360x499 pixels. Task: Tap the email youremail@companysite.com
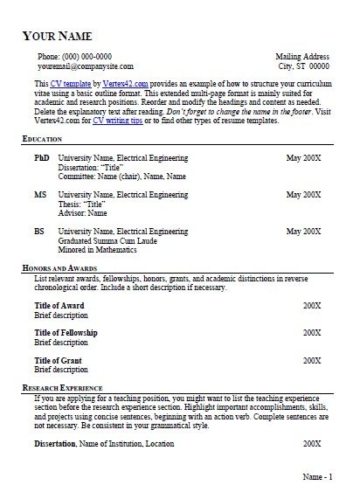coord(85,66)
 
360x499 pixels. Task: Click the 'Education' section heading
coord(44,140)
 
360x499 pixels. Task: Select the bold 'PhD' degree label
coord(41,159)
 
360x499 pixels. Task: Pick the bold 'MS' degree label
coord(40,195)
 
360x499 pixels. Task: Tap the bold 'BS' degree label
coord(39,232)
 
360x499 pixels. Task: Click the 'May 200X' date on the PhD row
coord(305,159)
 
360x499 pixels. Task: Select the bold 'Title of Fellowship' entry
coord(66,333)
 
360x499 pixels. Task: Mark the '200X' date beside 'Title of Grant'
coord(312,360)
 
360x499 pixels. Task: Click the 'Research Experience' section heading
coord(62,386)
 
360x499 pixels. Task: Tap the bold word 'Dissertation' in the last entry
coord(55,444)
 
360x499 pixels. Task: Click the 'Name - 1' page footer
coord(316,477)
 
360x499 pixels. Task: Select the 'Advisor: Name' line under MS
coord(82,212)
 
